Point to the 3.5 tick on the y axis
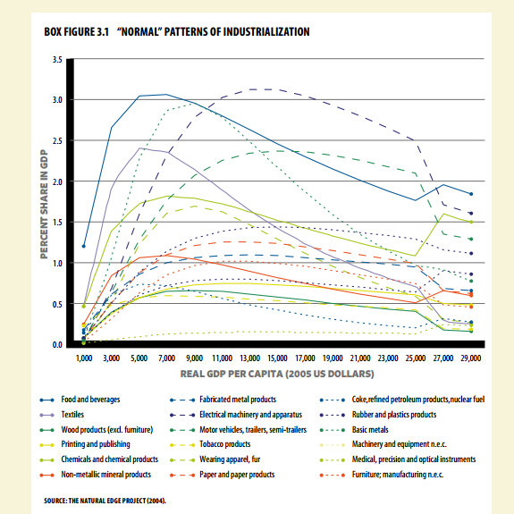[57, 60]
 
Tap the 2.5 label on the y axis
[57, 141]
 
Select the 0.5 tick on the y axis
[57, 304]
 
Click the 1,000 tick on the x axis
[84, 358]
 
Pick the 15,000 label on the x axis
[277, 358]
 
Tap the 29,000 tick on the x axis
[471, 358]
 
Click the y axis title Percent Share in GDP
[44, 204]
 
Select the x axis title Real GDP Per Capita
[277, 374]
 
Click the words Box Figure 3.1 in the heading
[76, 32]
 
